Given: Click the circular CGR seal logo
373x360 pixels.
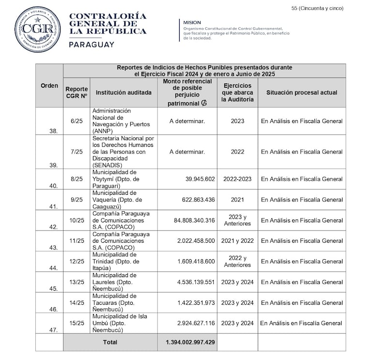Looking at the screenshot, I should (37, 30).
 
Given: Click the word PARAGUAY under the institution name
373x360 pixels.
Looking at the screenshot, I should (92, 45).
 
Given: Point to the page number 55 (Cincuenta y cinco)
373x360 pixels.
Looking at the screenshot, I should (318, 8).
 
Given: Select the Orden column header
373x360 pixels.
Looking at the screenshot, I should (49, 86).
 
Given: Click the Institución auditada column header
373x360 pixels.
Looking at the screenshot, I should (124, 93).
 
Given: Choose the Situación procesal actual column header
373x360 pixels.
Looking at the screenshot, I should (301, 93).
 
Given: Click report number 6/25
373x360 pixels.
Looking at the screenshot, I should (76, 121).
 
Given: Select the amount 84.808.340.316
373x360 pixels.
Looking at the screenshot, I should (194, 220).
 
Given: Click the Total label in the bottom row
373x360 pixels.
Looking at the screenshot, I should (110, 342).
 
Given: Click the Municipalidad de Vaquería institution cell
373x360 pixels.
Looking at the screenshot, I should (116, 200).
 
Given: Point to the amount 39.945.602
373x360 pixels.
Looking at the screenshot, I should (200, 179).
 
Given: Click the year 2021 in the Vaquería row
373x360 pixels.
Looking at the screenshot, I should (237, 200).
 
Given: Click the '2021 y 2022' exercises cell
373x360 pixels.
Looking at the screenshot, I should (237, 241).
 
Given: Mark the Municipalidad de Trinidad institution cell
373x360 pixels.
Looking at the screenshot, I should (115, 261).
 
